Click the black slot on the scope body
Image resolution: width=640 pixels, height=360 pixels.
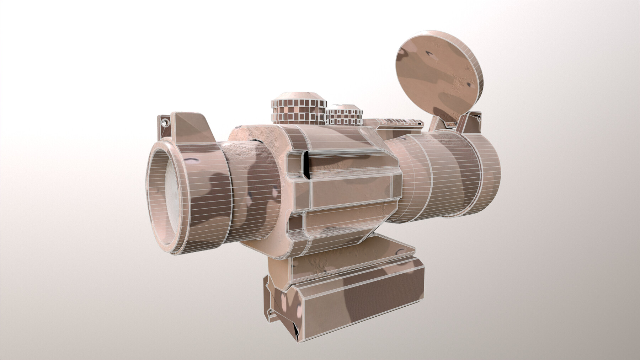305,165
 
